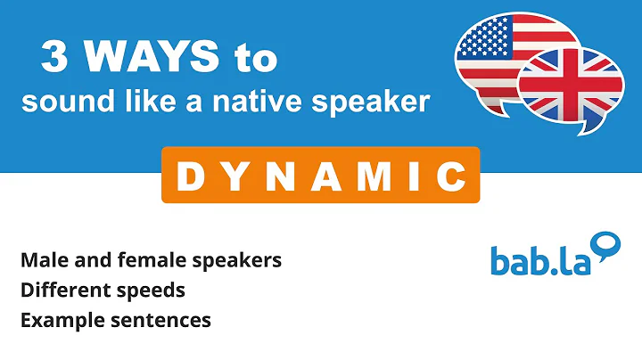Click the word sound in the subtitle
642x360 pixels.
53,102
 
